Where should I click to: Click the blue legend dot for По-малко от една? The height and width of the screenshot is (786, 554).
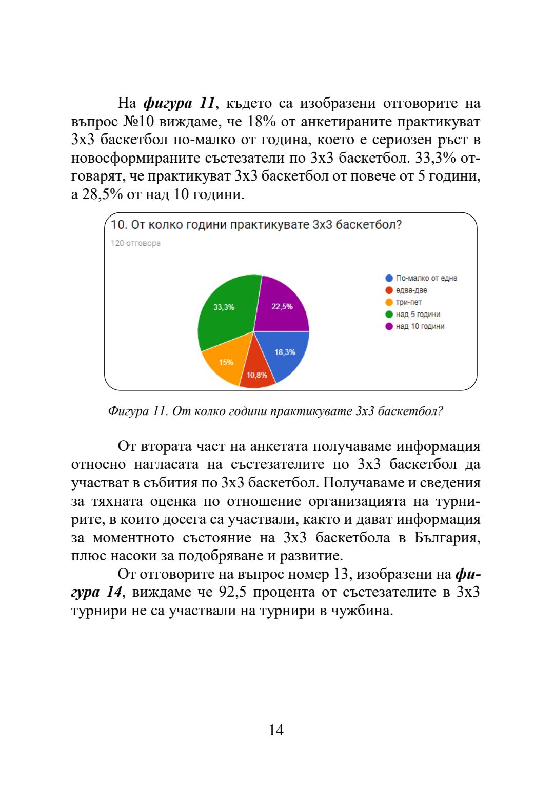pos(389,278)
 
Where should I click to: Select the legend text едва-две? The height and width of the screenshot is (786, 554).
pos(411,290)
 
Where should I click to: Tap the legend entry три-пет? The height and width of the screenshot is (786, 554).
pos(408,302)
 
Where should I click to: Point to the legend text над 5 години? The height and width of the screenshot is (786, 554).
pos(418,315)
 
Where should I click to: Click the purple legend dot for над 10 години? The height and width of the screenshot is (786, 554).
pos(389,326)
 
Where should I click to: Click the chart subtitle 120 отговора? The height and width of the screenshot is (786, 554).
pos(135,243)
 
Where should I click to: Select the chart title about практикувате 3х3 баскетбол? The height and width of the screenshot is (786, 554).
pos(256,225)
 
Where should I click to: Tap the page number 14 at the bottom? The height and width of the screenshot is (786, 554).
pos(276,730)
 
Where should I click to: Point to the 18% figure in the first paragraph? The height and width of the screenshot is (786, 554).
pos(262,122)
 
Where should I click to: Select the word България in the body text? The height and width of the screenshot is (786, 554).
pos(447,538)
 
